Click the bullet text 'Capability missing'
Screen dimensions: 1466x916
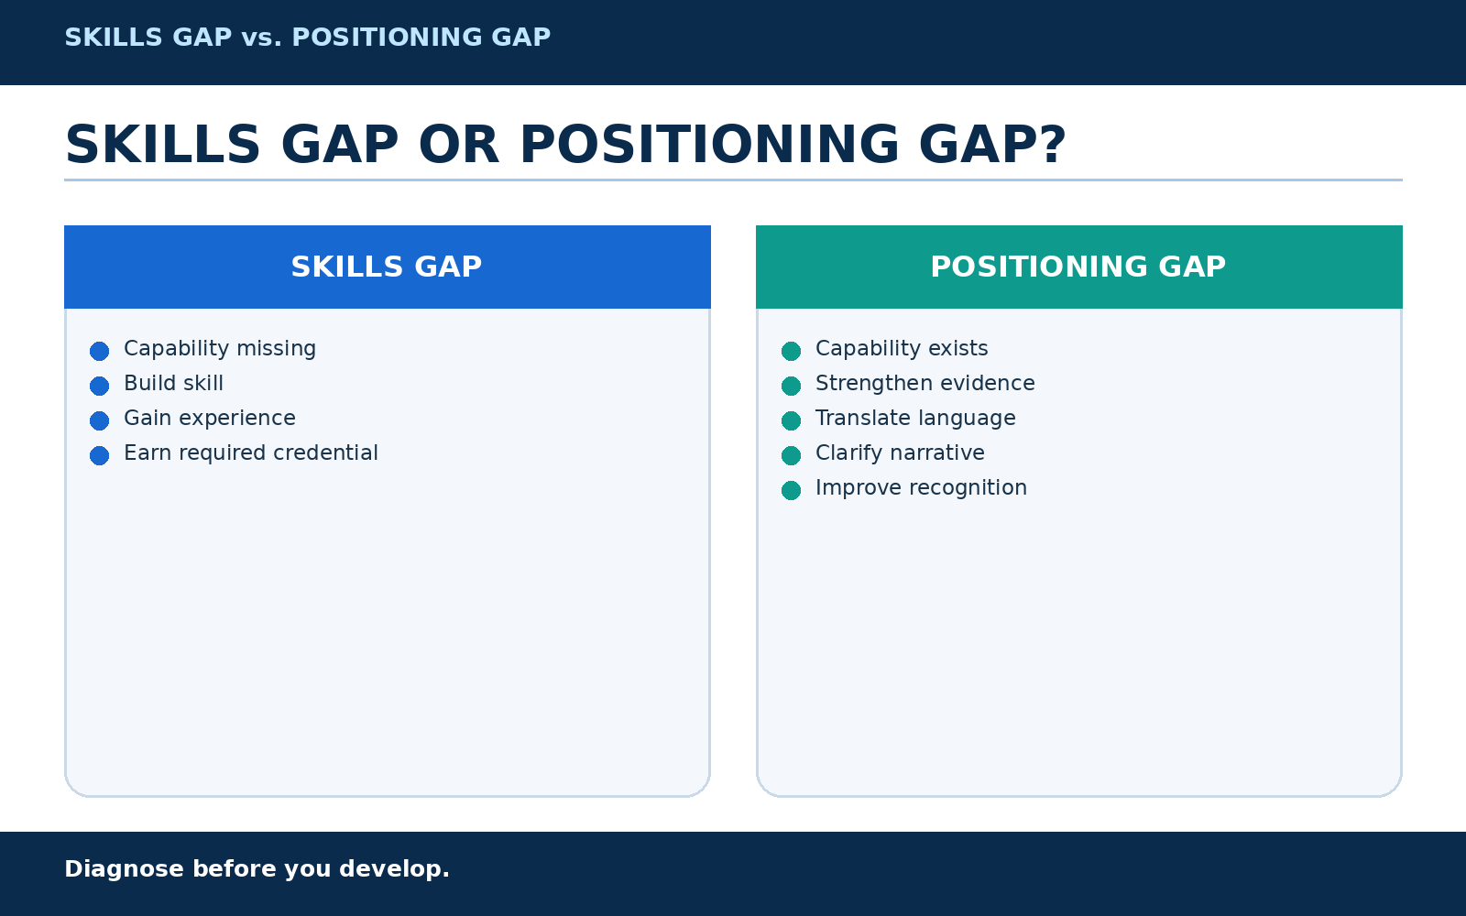tap(220, 349)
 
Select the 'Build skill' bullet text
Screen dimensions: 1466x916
tap(173, 384)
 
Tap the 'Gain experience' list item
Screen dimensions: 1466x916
tap(210, 419)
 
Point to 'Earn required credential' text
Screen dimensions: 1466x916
tap(251, 453)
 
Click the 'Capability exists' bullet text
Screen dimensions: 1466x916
tap(902, 349)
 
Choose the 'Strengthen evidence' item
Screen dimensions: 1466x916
tap(924, 384)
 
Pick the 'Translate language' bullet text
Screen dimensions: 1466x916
tap(915, 419)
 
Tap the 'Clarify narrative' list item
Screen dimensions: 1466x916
tap(900, 453)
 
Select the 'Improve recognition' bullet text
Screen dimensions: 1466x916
tap(921, 488)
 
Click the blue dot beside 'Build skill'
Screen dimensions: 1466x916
tap(100, 386)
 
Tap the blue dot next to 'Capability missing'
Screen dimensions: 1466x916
tap(100, 352)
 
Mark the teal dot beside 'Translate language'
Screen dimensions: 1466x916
tap(792, 420)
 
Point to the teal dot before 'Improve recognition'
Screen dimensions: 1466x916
tap(792, 490)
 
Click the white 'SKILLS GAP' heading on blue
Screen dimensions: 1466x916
tap(387, 267)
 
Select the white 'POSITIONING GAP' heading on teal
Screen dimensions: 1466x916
tap(1078, 267)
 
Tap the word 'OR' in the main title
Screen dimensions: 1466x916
tap(459, 145)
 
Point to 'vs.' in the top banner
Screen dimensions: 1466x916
tap(262, 38)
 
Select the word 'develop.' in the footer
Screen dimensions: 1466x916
tap(395, 869)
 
